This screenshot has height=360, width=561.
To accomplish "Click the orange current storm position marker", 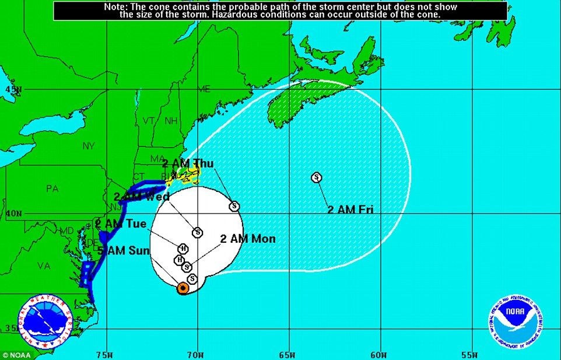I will [183, 288].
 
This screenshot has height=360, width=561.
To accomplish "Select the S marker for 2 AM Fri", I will [316, 177].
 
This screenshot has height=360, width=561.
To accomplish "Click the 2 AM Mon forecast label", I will [248, 239].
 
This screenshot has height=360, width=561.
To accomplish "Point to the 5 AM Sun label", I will [123, 251].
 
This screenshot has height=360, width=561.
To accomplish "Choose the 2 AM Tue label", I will [121, 223].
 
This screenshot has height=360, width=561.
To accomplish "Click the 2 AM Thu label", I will [188, 163].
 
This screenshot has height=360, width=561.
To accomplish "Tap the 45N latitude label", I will [12, 90].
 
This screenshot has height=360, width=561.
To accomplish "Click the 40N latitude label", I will [12, 214].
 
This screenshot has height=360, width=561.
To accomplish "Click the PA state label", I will [52, 188].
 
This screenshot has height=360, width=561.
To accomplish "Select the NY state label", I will [89, 146].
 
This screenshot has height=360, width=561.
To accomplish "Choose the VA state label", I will [44, 265].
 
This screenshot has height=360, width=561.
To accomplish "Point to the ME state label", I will [204, 89].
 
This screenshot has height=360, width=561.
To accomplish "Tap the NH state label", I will [171, 121].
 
